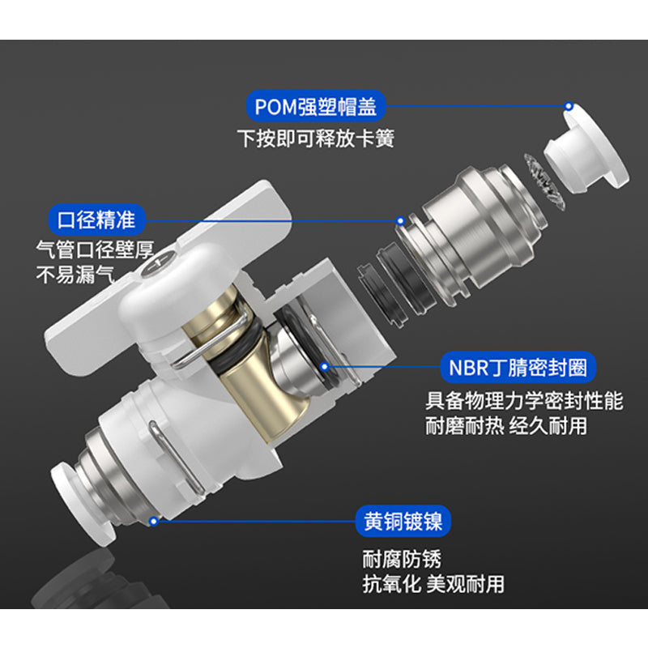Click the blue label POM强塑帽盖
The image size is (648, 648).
316,106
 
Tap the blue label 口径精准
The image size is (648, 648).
96,220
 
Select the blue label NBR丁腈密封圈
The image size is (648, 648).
518,367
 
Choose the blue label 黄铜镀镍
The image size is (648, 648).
403,521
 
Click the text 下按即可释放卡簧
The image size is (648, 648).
316,139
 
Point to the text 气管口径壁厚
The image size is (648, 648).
95,249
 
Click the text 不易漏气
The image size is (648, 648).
75,275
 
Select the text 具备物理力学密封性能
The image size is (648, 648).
524,401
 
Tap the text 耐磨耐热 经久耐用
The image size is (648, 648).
505,426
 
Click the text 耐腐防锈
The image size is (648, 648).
402,559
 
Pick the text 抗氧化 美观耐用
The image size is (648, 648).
433,584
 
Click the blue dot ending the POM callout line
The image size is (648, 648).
569,106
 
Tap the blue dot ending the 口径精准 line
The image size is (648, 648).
400,221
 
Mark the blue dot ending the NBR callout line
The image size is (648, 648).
325,367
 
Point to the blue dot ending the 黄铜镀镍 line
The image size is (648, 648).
154,521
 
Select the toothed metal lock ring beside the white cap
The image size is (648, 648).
544,181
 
